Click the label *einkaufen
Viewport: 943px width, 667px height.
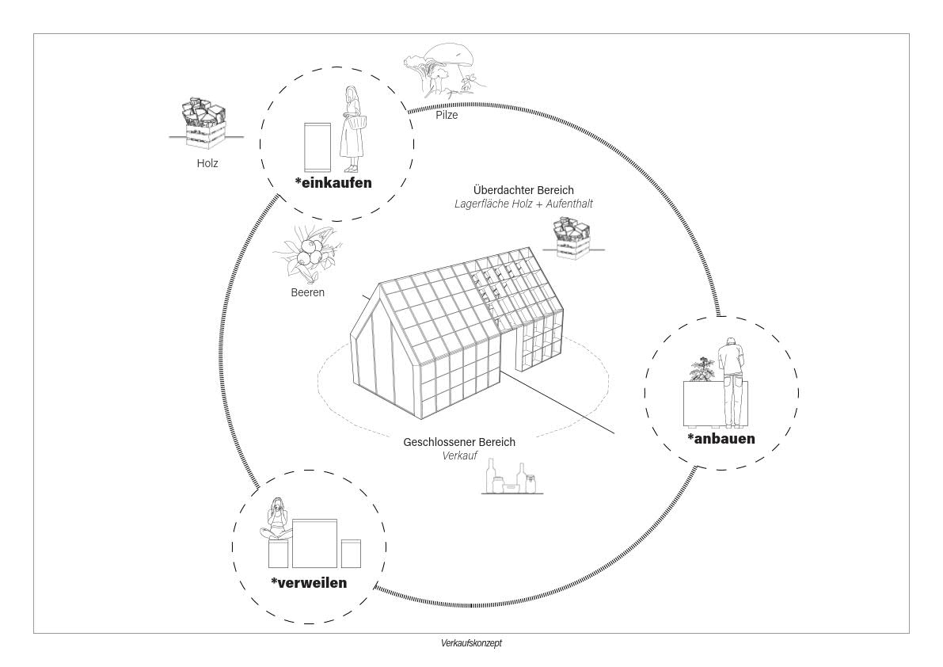pos(333,183)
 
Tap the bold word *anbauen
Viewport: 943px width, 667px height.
pos(721,438)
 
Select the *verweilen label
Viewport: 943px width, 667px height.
pos(309,583)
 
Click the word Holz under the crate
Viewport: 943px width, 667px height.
pos(207,163)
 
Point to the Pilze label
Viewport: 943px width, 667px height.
pos(447,115)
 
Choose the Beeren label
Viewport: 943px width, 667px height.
pos(307,292)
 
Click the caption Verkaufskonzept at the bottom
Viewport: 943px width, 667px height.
pos(471,643)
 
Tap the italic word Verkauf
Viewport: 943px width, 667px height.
pos(459,455)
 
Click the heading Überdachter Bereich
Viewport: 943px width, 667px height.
pos(523,190)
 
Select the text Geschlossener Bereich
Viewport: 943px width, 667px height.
pos(459,442)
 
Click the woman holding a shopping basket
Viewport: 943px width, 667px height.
pos(352,129)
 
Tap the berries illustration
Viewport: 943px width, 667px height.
pos(308,253)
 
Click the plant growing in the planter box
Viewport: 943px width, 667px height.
pos(702,368)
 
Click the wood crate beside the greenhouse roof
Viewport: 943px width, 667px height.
pos(572,238)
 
